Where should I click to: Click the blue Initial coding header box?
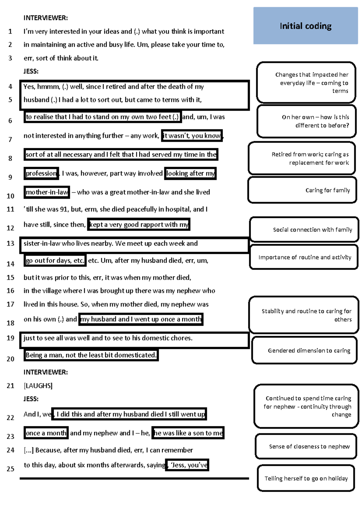[x=305, y=26]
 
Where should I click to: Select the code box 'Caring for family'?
[x=302, y=190]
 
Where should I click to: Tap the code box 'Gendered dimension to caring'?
[x=304, y=350]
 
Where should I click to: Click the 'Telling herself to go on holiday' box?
[x=306, y=478]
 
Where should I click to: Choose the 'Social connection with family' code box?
[x=304, y=230]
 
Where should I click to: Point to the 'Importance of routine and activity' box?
[x=304, y=257]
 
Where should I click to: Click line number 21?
[x=11, y=386]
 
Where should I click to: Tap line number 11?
[x=11, y=209]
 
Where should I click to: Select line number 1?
[x=10, y=31]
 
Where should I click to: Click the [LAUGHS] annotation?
[x=38, y=386]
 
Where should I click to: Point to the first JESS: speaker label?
[x=31, y=71]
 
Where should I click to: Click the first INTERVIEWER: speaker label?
[x=46, y=18]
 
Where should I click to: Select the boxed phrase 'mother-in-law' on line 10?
[x=47, y=192]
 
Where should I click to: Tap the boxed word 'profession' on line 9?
[x=41, y=173]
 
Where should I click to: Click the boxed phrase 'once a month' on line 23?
[x=46, y=433]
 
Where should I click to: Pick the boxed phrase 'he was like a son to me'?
[x=188, y=433]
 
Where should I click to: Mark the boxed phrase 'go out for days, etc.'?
[x=55, y=261]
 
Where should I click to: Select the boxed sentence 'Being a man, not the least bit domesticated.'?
[x=91, y=355]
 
